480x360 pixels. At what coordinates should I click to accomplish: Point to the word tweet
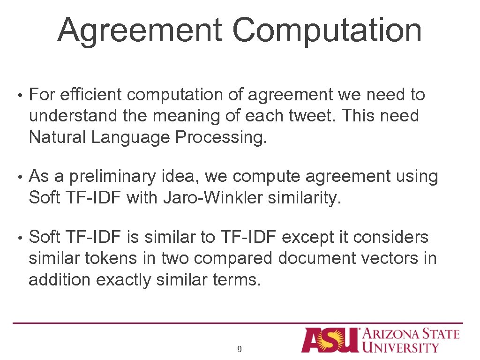(x=312, y=116)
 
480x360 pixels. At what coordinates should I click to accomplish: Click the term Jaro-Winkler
(x=213, y=198)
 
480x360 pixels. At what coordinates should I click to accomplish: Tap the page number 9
(x=240, y=349)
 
